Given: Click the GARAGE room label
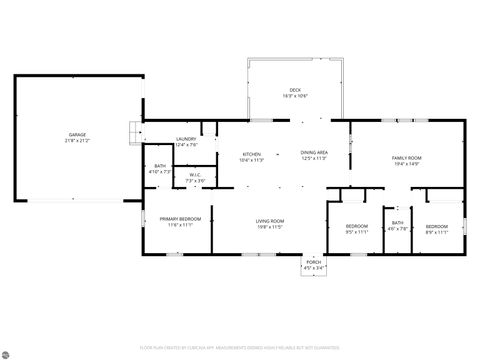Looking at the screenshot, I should tap(77, 134).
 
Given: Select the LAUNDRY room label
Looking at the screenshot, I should tap(186, 139).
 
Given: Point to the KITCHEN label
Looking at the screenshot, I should tap(250, 153).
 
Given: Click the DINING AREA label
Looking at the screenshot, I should tap(314, 153).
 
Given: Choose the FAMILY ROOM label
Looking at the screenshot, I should tap(406, 159).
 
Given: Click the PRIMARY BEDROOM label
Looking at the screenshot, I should tap(179, 219).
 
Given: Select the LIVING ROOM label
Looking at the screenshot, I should tap(270, 221).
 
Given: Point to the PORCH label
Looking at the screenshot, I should tap(313, 262).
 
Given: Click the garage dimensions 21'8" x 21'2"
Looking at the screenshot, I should tap(77, 140).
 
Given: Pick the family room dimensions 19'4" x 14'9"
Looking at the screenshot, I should tap(406, 165).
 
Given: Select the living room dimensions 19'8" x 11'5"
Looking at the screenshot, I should tap(270, 227).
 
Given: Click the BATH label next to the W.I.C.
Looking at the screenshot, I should tap(160, 166).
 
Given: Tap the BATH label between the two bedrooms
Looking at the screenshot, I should tap(397, 223).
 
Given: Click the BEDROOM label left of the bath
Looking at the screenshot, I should tap(357, 226).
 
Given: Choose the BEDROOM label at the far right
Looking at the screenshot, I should tap(437, 226).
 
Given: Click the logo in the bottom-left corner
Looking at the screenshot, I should tap(11, 351).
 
